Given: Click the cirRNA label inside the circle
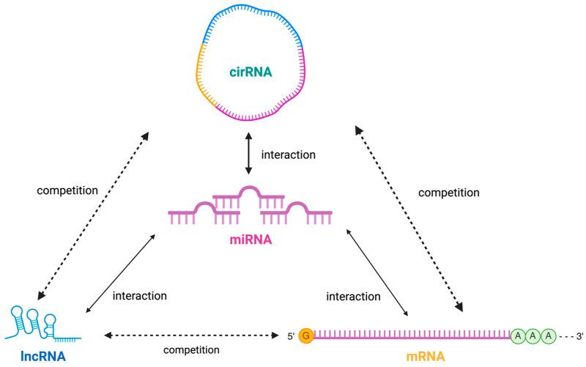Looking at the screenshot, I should click(248, 70).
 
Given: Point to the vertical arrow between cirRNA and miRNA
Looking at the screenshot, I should click(248, 155).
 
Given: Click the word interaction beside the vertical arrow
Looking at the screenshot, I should click(288, 155).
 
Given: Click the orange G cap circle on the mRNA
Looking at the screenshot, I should click(307, 336).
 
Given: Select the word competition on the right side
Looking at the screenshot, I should click(448, 193).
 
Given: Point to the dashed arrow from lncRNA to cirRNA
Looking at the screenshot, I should click(91, 216).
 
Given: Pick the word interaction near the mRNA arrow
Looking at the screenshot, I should click(354, 296).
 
